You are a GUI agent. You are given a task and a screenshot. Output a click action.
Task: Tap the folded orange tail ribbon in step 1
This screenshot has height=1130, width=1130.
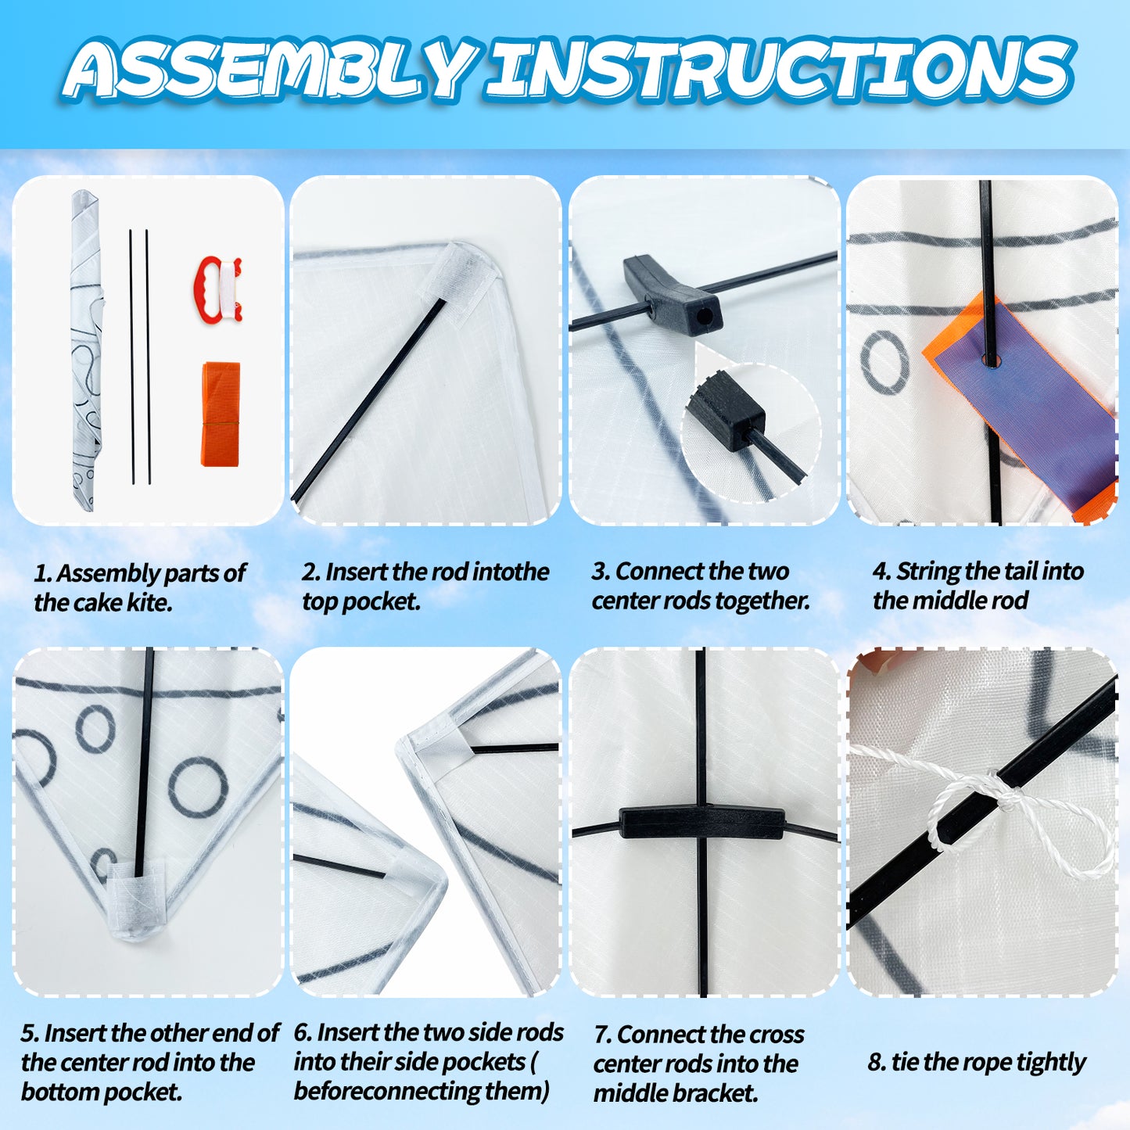click(x=221, y=414)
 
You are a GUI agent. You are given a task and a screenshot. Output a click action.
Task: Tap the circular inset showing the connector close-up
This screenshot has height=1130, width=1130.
click(x=752, y=432)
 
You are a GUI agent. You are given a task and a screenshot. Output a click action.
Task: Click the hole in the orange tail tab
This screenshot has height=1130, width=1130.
click(x=991, y=360)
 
